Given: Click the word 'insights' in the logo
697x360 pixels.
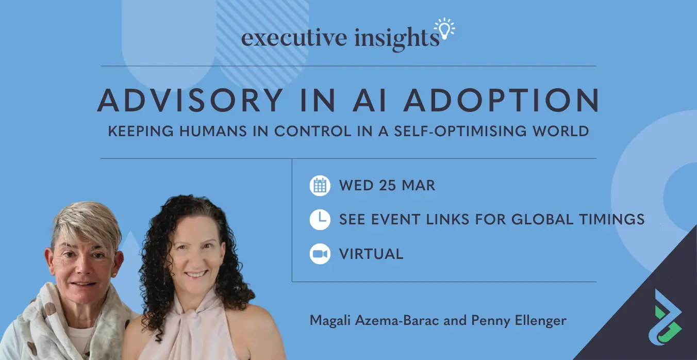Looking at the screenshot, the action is coord(397,39).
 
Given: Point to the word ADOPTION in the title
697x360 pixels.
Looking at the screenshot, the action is coord(501,100).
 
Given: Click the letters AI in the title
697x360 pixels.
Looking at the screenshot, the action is coord(370,100).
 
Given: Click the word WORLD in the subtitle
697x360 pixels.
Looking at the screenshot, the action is coord(561,131).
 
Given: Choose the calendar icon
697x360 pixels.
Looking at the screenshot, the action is coord(320,186).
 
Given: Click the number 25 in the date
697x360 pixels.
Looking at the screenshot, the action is coord(387,186).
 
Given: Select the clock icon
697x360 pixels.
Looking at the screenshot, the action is coord(320,220).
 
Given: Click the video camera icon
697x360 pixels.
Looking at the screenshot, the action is coord(320,254).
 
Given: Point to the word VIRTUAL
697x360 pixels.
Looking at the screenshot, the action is coord(371,254).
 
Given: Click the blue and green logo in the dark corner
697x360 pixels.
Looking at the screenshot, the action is coord(665,317).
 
